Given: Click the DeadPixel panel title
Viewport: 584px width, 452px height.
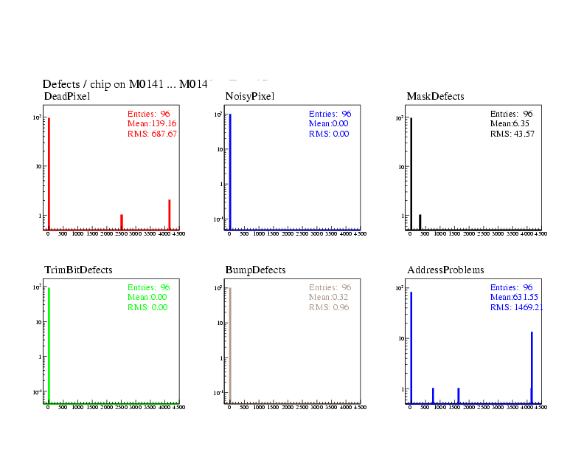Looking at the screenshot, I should [67, 97].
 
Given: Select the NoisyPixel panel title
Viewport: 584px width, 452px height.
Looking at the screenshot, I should [250, 97].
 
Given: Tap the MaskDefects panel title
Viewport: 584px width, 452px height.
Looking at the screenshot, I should [435, 97].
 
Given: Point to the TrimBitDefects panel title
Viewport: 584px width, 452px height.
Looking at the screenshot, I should [78, 270].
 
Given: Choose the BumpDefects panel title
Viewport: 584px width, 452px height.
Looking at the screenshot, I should [255, 270].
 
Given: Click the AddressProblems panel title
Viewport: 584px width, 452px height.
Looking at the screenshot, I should [445, 270].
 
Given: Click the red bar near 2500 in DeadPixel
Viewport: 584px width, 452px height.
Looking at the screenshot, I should [122, 222].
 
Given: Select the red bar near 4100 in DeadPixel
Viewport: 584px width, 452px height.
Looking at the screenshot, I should [170, 214].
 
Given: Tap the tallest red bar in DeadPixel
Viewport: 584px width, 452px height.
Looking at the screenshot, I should [49, 174].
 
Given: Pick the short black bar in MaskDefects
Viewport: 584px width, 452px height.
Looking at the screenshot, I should [420, 222].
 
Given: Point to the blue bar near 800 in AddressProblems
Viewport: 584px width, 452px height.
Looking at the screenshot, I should [433, 395].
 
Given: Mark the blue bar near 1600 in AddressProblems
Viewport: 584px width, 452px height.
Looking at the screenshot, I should [459, 395].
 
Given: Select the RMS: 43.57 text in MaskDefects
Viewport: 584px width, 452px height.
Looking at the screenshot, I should [512, 134].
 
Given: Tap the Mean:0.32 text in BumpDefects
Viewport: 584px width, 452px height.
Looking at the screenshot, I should [327, 297].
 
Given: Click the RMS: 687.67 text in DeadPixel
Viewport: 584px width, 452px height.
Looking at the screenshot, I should [153, 134].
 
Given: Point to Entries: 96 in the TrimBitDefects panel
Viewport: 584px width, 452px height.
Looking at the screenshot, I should [149, 287].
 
